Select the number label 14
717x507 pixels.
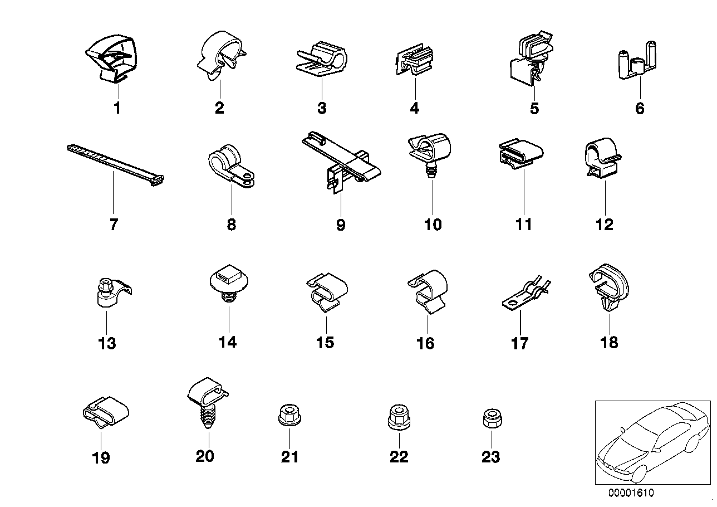(228, 342)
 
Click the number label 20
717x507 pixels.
(205, 456)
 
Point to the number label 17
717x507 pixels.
(519, 343)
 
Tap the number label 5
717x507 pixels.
(534, 108)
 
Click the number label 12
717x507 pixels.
(604, 225)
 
